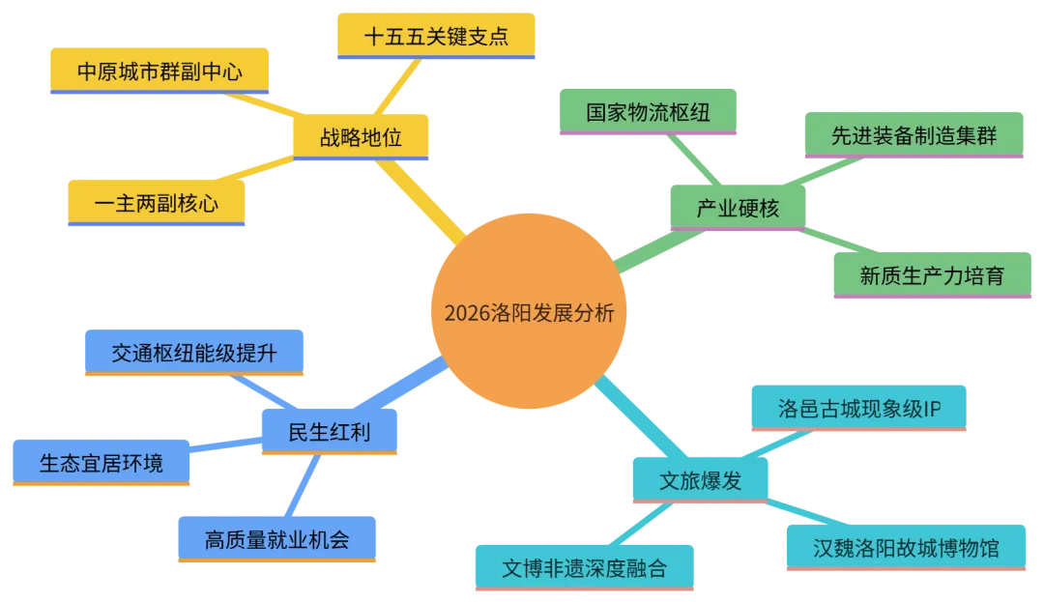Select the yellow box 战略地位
360,137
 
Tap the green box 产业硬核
737,208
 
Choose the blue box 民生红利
330,431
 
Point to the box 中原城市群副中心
159,71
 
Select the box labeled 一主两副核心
156,203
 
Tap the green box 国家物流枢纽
649,111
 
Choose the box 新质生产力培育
932,275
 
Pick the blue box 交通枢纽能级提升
194,353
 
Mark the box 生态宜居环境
101,463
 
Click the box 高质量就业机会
277,538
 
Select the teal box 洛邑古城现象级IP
859,408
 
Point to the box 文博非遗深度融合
584,567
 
